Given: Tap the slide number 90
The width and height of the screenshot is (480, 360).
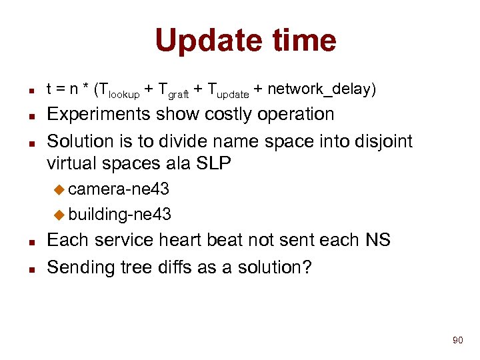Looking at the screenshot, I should pos(457,341).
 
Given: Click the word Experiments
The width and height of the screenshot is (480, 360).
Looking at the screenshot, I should pos(99,115).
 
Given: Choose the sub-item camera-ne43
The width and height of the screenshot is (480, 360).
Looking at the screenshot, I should pos(118,189).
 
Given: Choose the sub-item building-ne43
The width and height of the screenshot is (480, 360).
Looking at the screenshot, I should pos(119,214).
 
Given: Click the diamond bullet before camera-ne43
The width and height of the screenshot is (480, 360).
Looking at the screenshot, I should pos(59,190).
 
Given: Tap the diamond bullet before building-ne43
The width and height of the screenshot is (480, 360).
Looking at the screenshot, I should pos(59,215).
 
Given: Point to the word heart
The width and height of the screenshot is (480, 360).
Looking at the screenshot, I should pos(191,240).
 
